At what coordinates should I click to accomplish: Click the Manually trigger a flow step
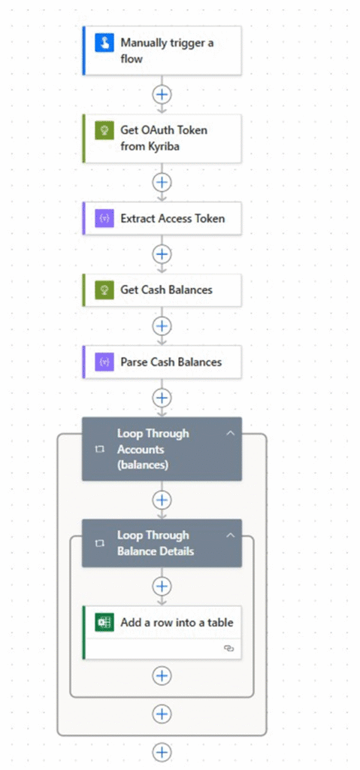tap(162, 50)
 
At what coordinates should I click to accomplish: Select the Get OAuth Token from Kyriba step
tap(162, 138)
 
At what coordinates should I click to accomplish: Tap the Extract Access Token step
tap(162, 219)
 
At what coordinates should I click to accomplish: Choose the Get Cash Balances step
tap(162, 290)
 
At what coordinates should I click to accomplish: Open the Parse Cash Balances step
tap(162, 362)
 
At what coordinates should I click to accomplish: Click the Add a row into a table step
tap(162, 632)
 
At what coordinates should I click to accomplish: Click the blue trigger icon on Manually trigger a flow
tap(104, 43)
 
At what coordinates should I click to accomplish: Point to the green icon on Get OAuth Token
tap(104, 131)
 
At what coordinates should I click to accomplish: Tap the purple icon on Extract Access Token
tap(104, 219)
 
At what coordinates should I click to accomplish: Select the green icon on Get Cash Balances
tap(104, 290)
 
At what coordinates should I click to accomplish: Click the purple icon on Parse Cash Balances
tap(104, 362)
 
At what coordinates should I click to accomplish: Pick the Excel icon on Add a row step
tap(104, 623)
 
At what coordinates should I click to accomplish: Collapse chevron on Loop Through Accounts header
tap(230, 433)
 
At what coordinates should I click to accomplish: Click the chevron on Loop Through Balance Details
tap(230, 535)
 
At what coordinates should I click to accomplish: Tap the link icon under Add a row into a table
tap(228, 649)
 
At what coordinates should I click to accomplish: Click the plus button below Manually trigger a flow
tap(162, 94)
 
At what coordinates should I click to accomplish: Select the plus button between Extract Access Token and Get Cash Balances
tap(162, 254)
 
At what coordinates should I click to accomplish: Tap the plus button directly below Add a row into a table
tap(162, 675)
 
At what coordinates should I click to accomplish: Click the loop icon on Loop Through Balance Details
tap(100, 543)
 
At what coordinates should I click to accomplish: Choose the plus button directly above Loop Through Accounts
tap(162, 397)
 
